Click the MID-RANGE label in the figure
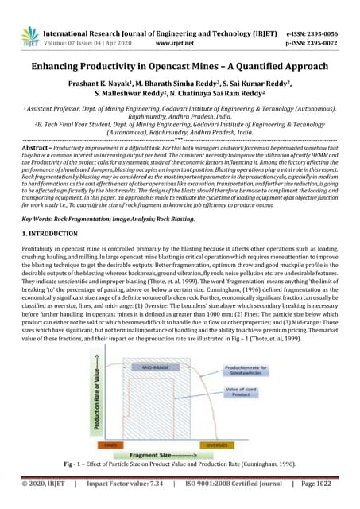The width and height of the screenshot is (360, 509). coord(155,368)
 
